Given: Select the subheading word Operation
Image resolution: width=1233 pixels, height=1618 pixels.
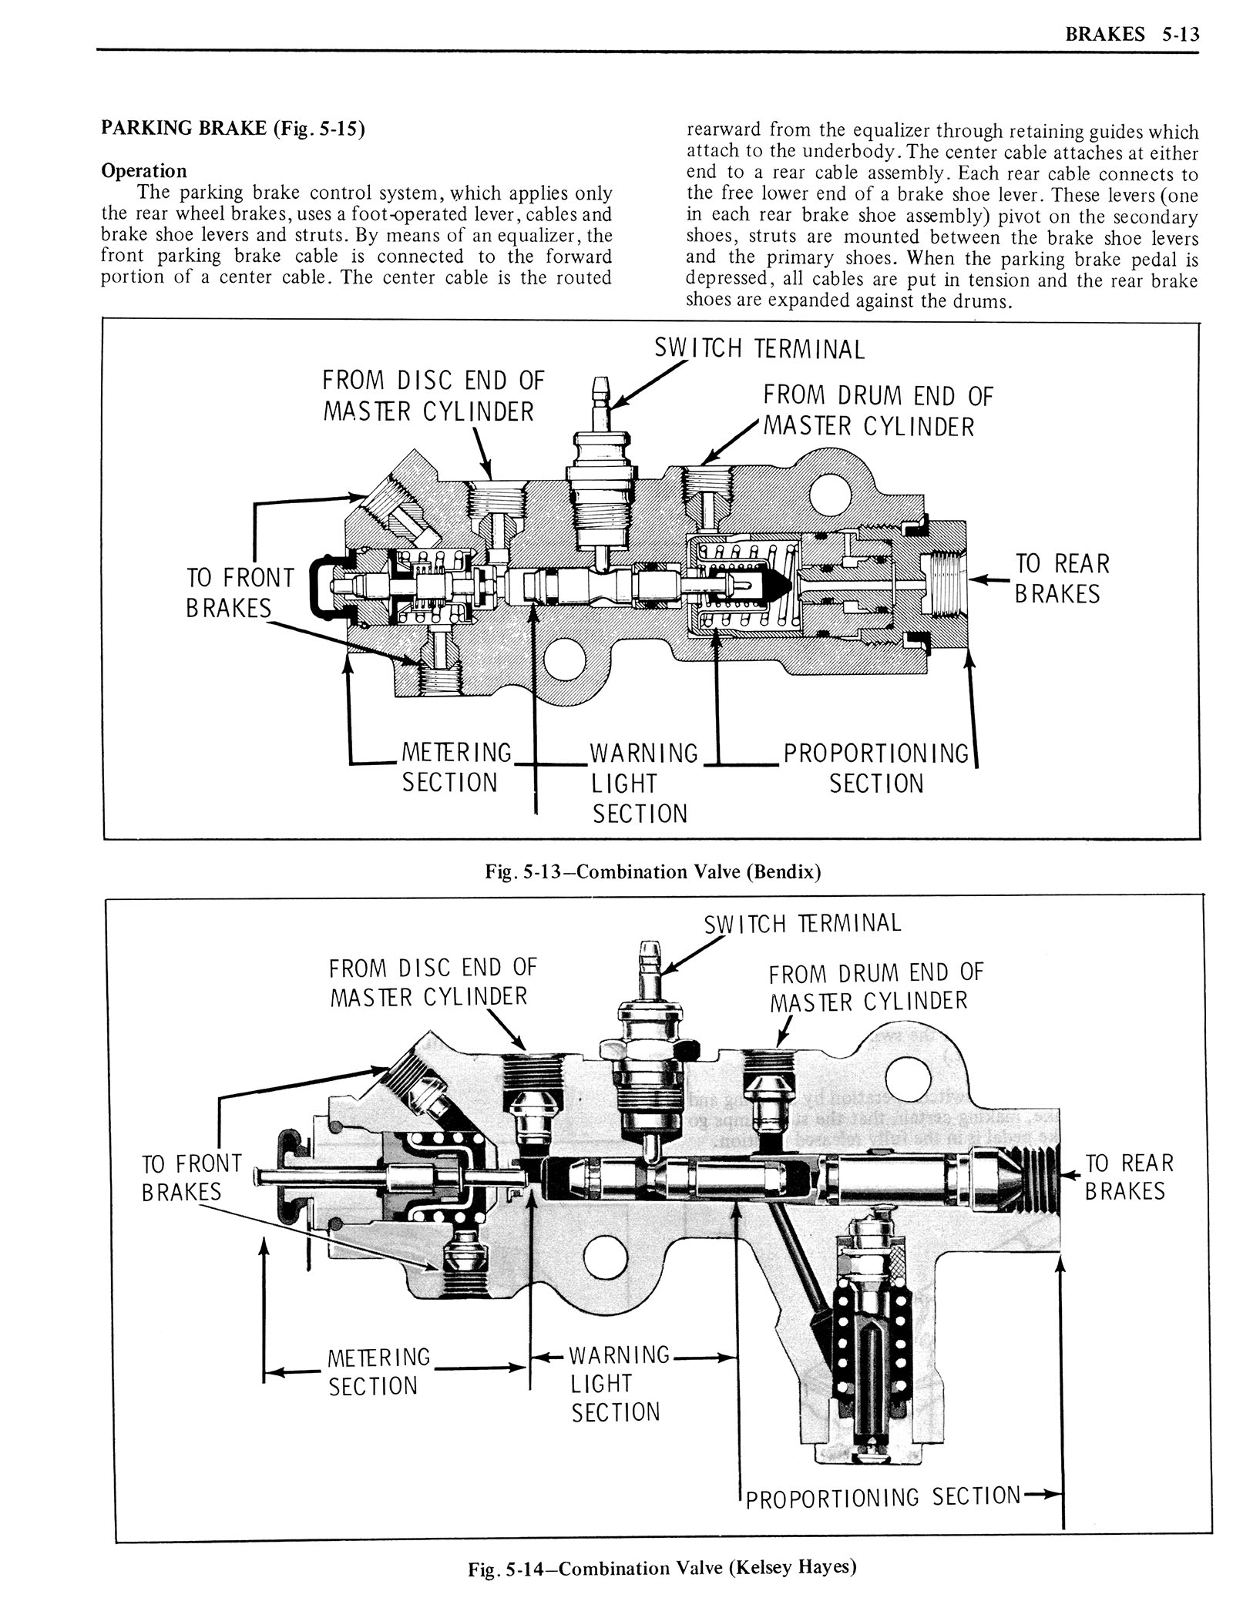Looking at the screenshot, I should (x=144, y=170).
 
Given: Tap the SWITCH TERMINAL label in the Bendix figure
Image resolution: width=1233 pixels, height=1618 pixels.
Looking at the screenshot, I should (x=759, y=349).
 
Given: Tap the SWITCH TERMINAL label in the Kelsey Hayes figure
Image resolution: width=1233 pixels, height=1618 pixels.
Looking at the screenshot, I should (x=802, y=923).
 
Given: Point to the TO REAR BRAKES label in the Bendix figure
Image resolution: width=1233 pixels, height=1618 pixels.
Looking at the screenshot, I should (x=1061, y=579).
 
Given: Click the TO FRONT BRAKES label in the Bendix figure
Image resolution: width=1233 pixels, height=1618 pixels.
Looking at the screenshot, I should (x=239, y=592).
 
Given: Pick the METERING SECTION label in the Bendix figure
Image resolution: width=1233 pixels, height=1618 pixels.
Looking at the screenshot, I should (x=456, y=767).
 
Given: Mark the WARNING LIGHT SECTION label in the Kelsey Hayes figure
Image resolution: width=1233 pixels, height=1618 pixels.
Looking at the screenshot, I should (x=618, y=1383).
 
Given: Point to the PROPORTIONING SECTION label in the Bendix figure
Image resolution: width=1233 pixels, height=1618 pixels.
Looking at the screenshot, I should (x=876, y=767).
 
